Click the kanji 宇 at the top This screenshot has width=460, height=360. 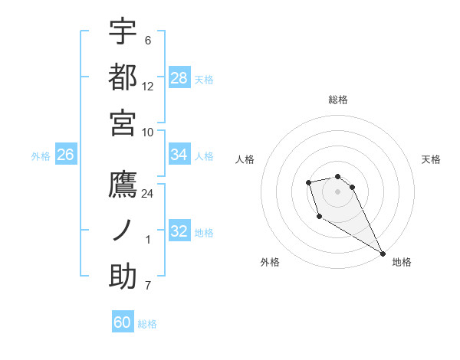pyautogui.click(x=123, y=31)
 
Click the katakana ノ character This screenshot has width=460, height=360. pyautogui.click(x=123, y=231)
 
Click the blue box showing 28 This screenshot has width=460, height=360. pyautogui.click(x=179, y=77)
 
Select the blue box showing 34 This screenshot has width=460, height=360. pyautogui.click(x=179, y=155)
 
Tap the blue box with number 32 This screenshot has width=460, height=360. pyautogui.click(x=179, y=231)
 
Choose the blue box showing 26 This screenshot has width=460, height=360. pyautogui.click(x=65, y=155)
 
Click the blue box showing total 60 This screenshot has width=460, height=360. pyautogui.click(x=123, y=322)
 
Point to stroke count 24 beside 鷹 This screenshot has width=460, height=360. pyautogui.click(x=148, y=194)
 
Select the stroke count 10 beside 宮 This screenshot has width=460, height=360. pyautogui.click(x=148, y=131)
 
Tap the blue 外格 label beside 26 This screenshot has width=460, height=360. pyautogui.click(x=41, y=155)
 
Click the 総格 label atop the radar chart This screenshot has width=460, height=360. pyautogui.click(x=338, y=100)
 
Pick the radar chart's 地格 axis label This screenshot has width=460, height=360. pyautogui.click(x=402, y=262)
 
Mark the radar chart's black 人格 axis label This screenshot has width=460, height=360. pyautogui.click(x=245, y=159)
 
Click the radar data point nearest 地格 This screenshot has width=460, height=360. pyautogui.click(x=383, y=254)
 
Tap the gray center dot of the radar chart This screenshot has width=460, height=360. pyautogui.click(x=338, y=191)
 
